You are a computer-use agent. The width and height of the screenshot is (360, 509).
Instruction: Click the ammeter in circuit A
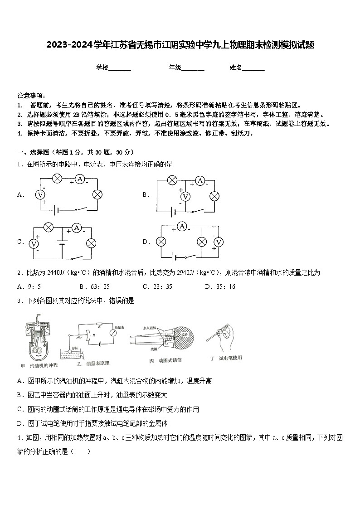coord(80,179)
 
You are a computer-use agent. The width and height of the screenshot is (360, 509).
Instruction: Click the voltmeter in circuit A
coord(40,194)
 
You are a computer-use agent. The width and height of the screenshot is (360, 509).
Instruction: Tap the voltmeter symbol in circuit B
coord(185,197)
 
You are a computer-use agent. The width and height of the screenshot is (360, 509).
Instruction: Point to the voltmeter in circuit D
coord(219,242)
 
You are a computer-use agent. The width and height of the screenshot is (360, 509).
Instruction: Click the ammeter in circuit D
coord(182,226)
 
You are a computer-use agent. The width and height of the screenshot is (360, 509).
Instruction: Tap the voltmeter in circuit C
coord(33,243)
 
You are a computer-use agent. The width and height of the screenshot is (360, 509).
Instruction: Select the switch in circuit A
coord(81,209)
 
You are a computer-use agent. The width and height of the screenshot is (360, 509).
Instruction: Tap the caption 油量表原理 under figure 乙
coord(97,363)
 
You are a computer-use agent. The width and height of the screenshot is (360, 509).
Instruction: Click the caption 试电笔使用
coord(230,358)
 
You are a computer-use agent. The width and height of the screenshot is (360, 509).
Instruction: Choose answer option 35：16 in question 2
coord(220,286)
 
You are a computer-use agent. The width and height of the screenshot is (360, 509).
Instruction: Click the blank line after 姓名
coord(253,68)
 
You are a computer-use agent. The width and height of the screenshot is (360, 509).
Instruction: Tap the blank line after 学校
coord(120,68)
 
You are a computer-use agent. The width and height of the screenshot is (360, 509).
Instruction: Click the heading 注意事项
coord(31,96)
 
